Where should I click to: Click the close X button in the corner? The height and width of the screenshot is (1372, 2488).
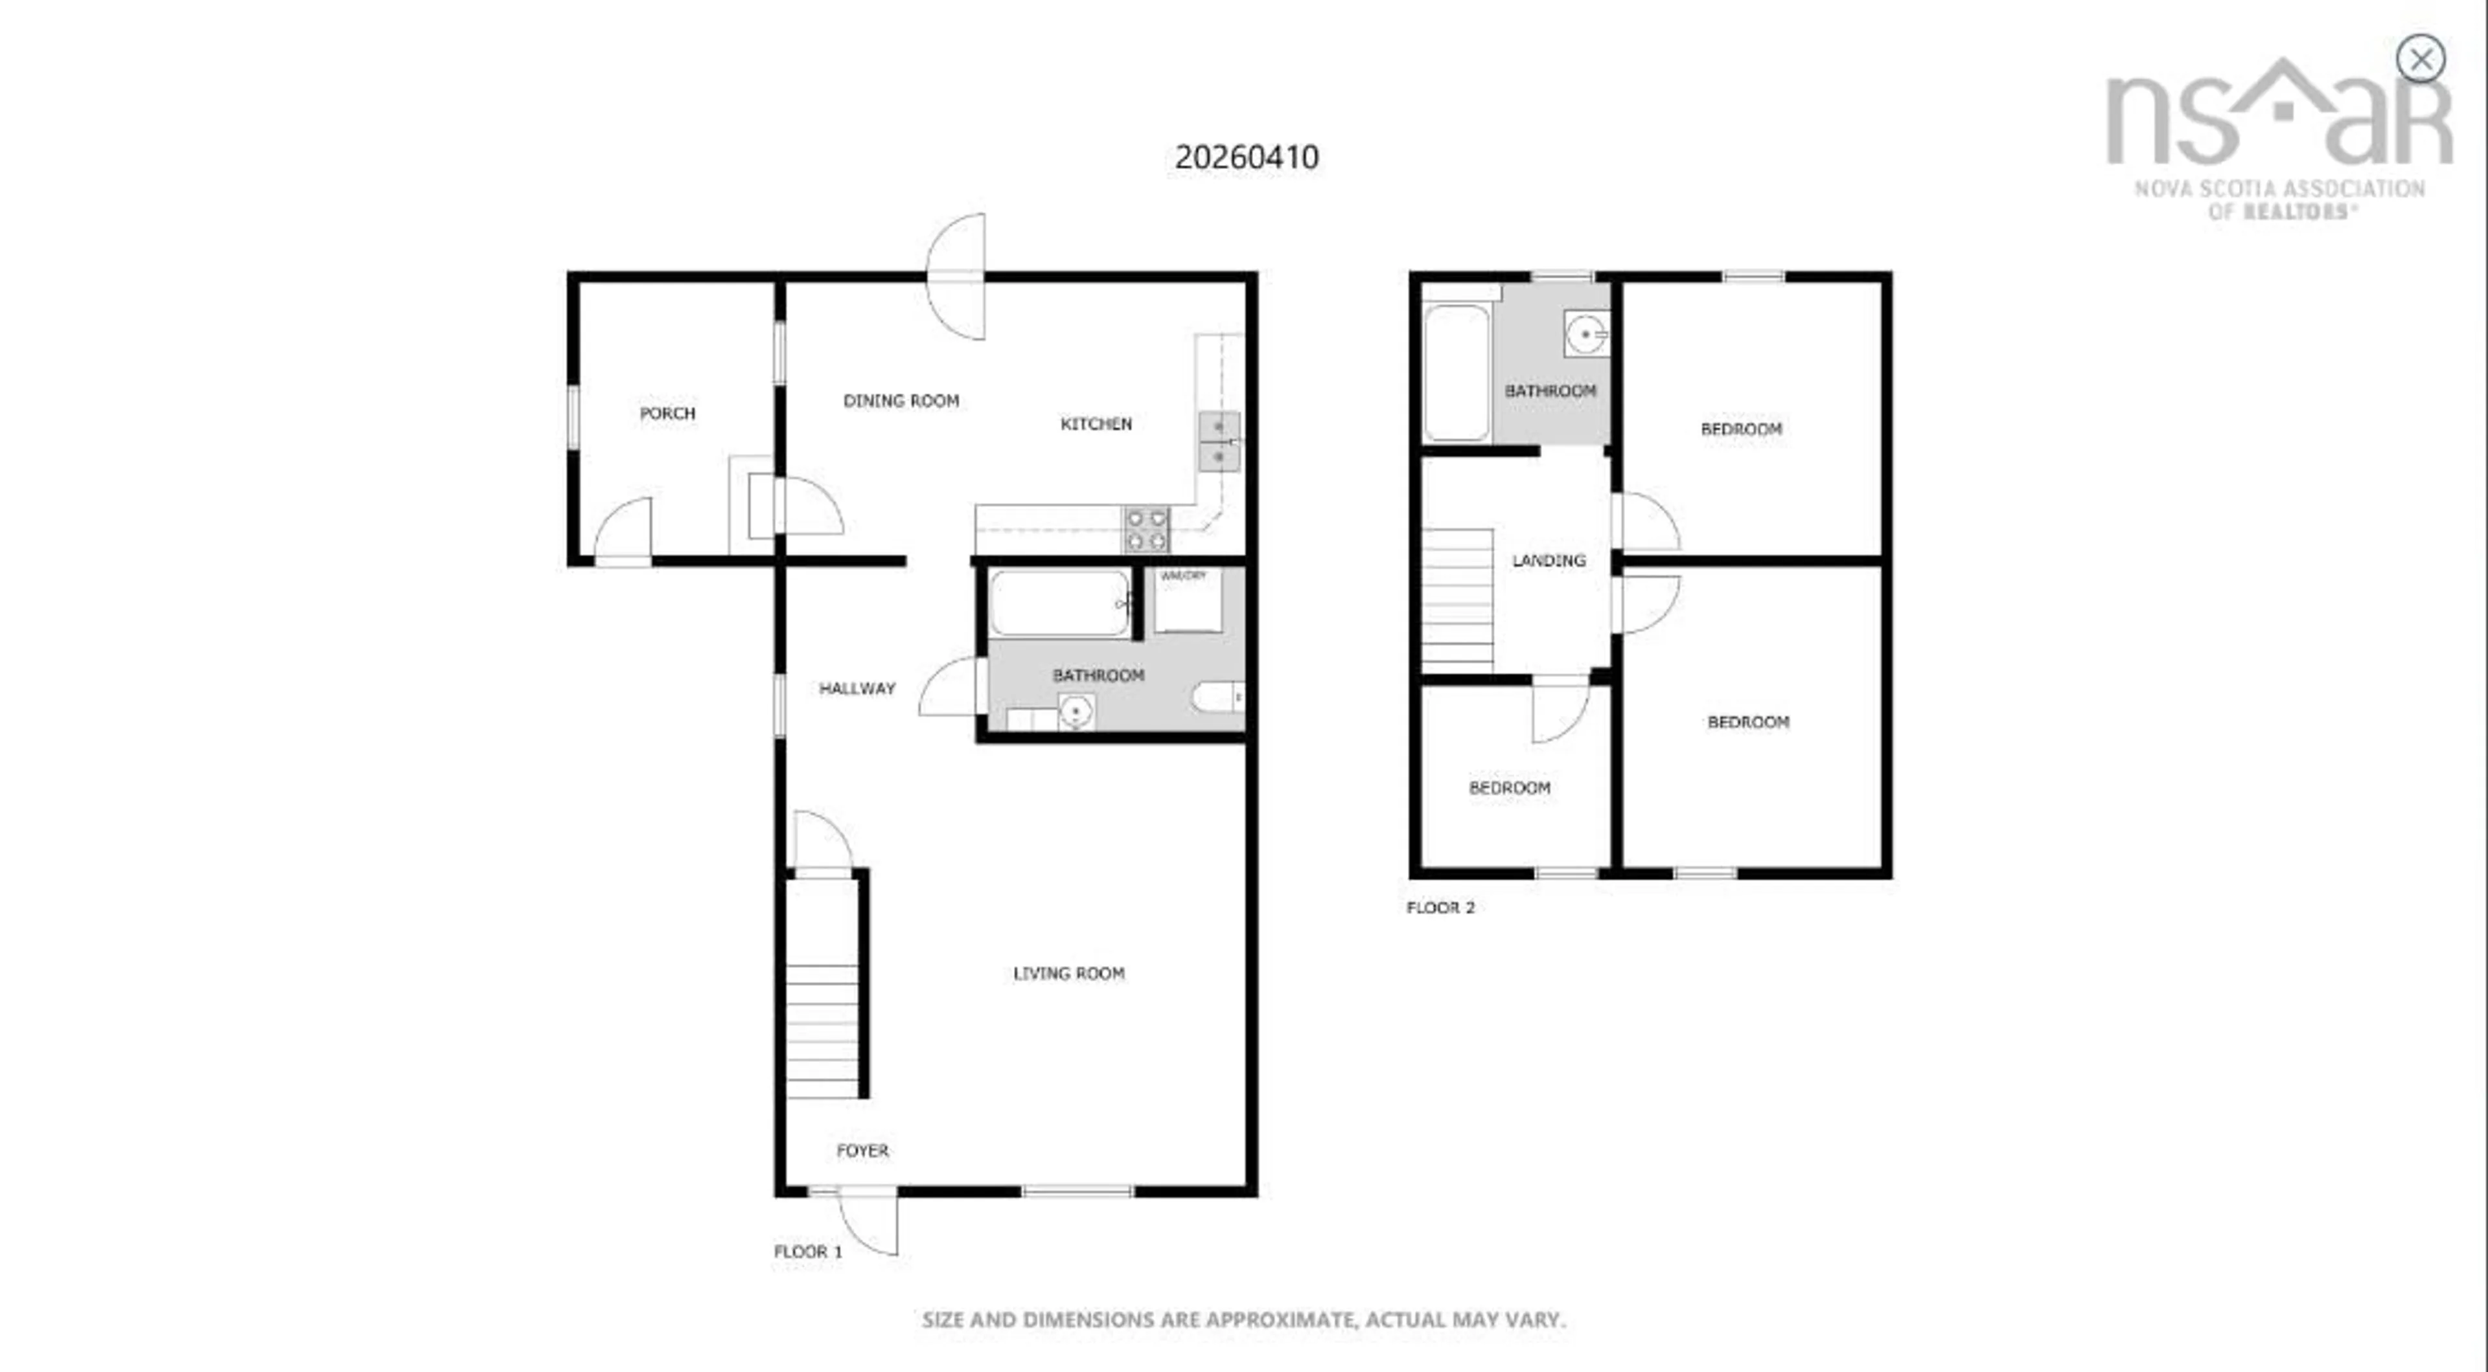(2421, 60)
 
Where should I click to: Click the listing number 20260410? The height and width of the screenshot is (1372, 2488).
(1246, 157)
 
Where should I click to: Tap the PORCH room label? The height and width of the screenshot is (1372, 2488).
(667, 413)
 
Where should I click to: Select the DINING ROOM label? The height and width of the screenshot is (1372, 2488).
(901, 401)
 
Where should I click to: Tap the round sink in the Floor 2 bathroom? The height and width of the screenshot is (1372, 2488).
(1586, 334)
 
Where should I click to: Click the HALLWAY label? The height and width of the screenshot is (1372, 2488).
(857, 688)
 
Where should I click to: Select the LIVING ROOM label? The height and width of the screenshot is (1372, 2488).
(1068, 973)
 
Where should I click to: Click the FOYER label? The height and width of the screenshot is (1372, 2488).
(862, 1151)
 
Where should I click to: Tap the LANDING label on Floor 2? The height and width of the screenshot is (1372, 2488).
(1549, 560)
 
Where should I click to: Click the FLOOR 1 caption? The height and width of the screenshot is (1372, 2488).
(807, 1252)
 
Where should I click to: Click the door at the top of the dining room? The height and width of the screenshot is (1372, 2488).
(957, 277)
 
